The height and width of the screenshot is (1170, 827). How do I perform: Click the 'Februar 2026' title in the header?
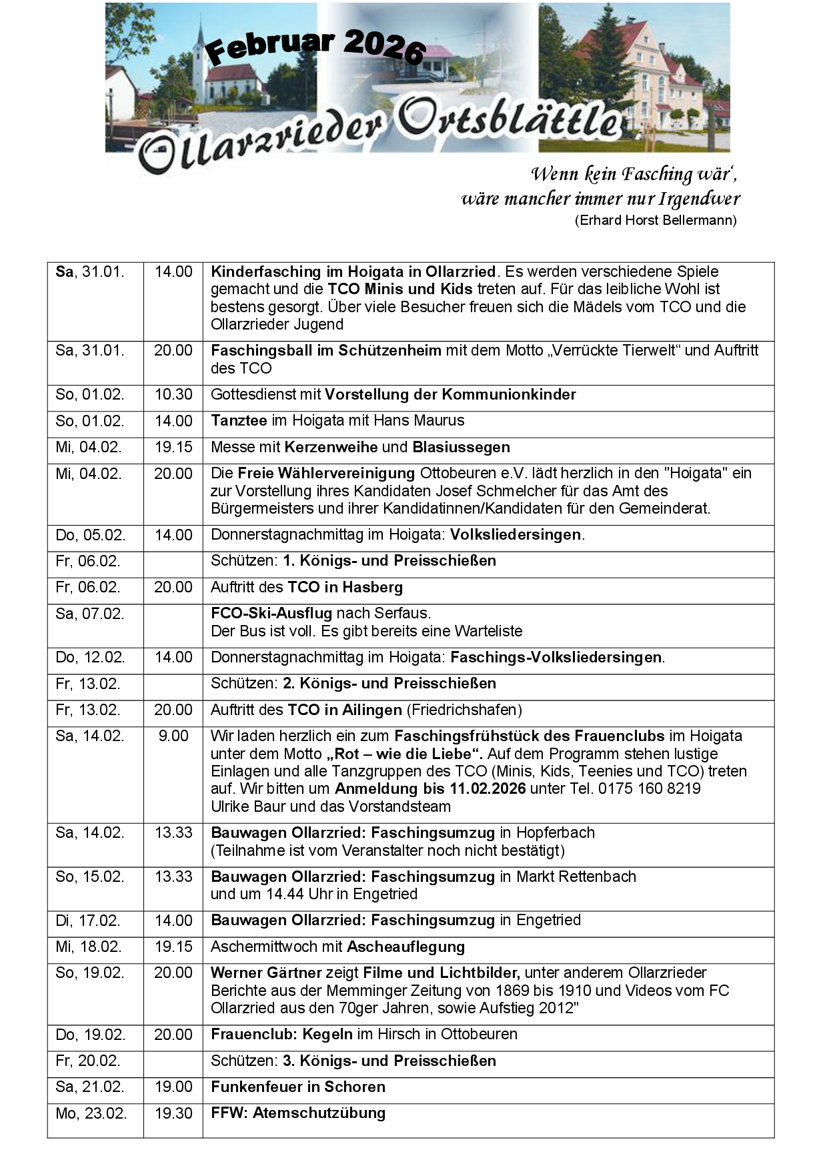[315, 47]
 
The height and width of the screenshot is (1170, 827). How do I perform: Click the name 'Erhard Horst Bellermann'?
[656, 220]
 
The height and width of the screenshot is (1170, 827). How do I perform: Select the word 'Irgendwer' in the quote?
[700, 199]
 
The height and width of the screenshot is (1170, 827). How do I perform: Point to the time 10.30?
[173, 394]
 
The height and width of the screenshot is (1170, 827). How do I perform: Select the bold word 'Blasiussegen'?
[461, 447]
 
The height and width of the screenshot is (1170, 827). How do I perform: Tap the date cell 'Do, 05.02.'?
[89, 535]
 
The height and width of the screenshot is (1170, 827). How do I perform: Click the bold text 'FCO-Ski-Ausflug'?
[271, 613]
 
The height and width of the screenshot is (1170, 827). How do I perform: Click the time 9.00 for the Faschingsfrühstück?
[173, 736]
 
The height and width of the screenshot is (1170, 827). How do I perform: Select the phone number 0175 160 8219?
[649, 788]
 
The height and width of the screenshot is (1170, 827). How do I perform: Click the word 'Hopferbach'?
[556, 832]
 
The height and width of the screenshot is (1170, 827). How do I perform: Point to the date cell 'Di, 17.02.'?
[88, 921]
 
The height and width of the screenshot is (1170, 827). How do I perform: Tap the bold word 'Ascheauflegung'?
[405, 947]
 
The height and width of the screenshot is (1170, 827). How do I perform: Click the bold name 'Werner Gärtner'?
[266, 973]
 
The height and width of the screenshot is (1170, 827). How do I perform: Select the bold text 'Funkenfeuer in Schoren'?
[298, 1087]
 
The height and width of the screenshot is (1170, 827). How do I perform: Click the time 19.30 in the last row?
[173, 1113]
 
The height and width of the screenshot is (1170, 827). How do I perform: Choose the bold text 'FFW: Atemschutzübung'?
[298, 1113]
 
